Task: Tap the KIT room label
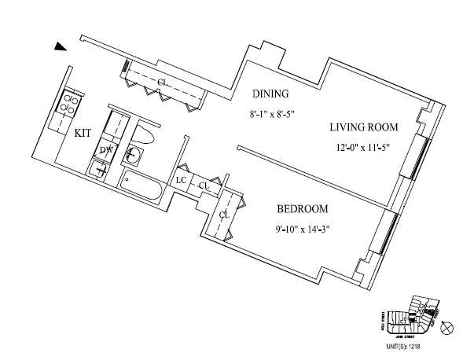[x=83, y=134]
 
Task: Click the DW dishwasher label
[x=106, y=149]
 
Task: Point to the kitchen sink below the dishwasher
[x=101, y=167]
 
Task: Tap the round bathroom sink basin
[x=134, y=156]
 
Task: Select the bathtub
[x=142, y=189]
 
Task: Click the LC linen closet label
[x=181, y=180]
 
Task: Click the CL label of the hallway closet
[x=162, y=82]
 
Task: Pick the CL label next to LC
[x=203, y=186]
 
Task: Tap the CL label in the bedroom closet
[x=224, y=214]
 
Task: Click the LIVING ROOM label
[x=364, y=127]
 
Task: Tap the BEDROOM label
[x=302, y=209]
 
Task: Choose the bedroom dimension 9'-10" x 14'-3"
[x=303, y=230]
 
